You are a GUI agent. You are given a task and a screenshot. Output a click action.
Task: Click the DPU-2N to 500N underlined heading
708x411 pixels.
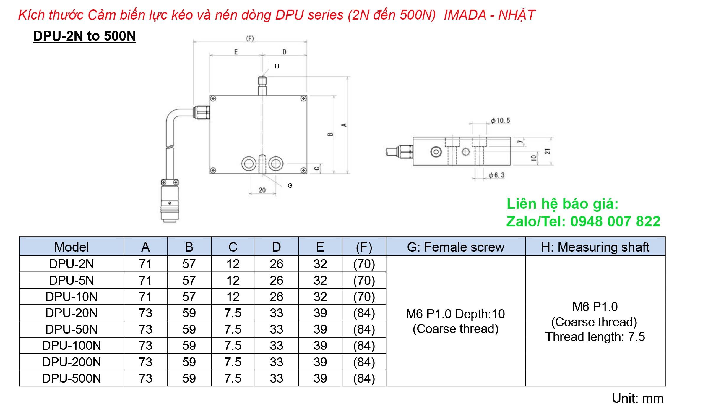(84, 36)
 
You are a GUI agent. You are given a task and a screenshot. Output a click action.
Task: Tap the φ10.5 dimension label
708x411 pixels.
(500, 120)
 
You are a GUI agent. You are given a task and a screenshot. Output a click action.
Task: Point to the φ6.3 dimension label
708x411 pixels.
(497, 175)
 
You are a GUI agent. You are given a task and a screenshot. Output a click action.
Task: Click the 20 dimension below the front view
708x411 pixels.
(262, 190)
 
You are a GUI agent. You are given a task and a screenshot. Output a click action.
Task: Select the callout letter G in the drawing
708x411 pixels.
(290, 186)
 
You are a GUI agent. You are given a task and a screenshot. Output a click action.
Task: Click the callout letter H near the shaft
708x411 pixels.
(277, 66)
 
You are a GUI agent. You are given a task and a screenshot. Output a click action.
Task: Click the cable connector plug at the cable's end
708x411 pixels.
(170, 204)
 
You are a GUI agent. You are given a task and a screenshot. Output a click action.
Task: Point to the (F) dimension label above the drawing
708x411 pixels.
(250, 38)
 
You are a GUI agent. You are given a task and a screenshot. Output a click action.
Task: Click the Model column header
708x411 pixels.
(72, 247)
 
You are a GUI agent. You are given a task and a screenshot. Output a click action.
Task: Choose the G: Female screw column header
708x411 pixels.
(455, 247)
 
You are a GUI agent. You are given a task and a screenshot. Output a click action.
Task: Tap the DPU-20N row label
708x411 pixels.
(72, 313)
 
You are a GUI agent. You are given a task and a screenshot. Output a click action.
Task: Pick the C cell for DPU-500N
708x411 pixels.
(233, 378)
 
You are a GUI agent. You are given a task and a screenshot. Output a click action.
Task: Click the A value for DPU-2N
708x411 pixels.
(145, 264)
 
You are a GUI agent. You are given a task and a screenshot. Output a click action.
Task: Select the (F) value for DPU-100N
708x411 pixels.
(364, 345)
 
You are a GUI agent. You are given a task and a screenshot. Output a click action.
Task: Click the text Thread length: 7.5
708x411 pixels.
(595, 337)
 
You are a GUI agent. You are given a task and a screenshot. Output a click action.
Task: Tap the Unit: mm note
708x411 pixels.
(638, 398)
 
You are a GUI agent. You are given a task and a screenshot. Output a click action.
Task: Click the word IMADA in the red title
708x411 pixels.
(465, 15)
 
